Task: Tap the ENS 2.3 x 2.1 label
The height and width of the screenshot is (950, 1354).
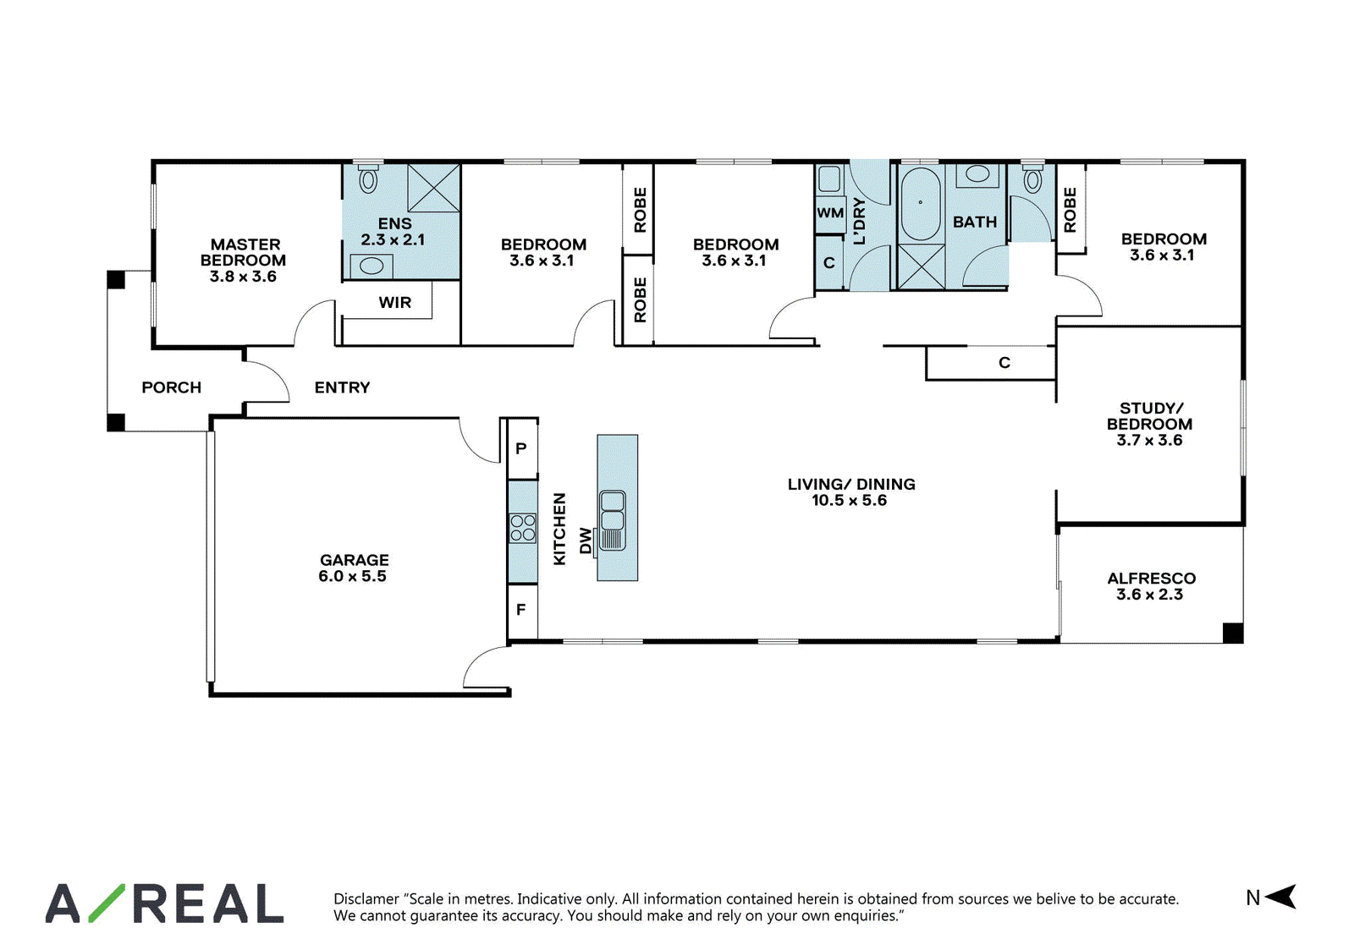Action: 394,232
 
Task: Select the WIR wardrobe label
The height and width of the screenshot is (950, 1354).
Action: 394,302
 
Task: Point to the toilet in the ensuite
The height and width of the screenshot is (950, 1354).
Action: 368,178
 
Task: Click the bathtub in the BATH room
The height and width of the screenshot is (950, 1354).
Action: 921,204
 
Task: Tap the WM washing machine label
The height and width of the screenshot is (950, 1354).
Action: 830,213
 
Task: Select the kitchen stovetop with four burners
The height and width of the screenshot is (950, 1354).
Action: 522,527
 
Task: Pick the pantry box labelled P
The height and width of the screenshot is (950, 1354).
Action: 521,448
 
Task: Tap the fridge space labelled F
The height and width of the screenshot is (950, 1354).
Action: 521,611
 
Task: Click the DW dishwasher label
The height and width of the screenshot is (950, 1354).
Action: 585,541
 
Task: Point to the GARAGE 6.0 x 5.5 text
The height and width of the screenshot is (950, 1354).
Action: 354,568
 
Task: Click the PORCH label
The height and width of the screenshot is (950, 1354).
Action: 172,387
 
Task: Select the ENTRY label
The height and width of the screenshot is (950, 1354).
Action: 342,387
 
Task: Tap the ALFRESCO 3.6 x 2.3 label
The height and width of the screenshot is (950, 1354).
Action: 1151,586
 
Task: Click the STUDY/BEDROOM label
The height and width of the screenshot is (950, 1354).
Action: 1150,415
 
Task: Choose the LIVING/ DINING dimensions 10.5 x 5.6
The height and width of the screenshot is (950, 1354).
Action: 850,501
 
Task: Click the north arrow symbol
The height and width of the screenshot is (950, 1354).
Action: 1281,898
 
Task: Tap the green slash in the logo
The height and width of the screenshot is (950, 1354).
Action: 107,903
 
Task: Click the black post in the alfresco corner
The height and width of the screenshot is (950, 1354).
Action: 1233,633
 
